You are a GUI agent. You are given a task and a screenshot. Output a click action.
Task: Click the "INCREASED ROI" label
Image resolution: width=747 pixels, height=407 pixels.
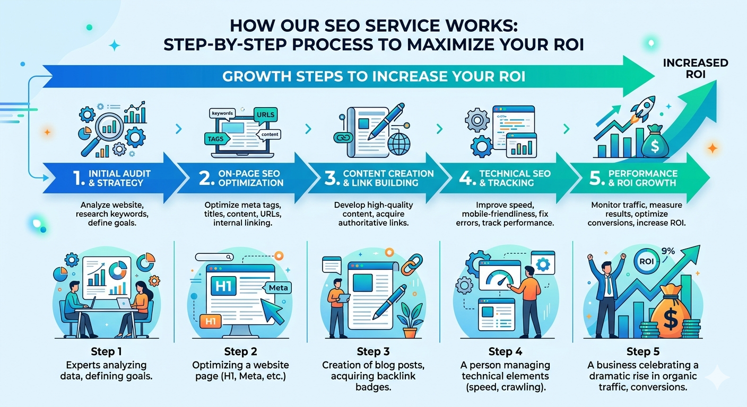tap(695, 69)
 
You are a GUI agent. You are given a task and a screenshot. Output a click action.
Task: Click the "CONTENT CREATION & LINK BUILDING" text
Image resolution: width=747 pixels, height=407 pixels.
tap(388, 178)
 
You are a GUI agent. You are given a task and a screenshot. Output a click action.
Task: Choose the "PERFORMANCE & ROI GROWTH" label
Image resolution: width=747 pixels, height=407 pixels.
tap(642, 178)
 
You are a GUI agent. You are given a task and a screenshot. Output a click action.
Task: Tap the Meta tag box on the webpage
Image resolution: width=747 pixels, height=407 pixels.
tap(278, 287)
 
